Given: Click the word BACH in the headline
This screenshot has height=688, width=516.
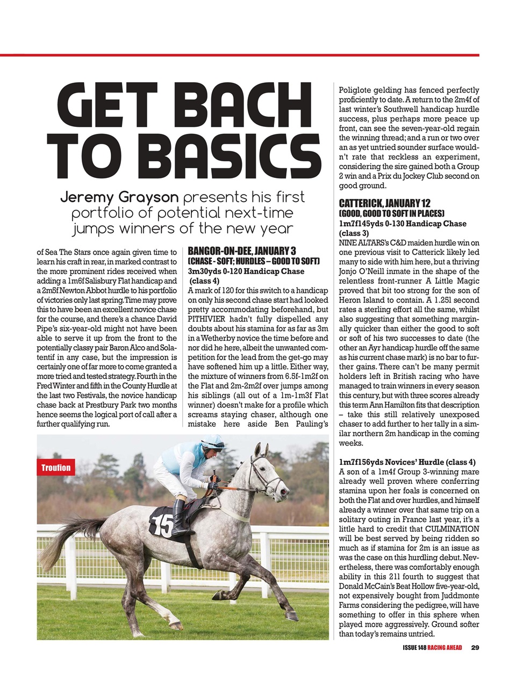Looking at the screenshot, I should coord(244,103).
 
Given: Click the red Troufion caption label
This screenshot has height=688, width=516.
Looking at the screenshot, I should coord(56,468).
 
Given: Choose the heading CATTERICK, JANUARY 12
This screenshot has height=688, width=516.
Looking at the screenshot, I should coord(384,204).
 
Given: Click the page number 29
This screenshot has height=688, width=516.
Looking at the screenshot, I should coord(475,647).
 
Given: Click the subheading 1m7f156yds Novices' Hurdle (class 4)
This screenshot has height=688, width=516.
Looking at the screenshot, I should coord(407,462).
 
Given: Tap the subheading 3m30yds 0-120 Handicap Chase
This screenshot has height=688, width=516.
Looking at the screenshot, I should coord(246,271).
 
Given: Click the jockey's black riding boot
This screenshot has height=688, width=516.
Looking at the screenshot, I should coord(179,519).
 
